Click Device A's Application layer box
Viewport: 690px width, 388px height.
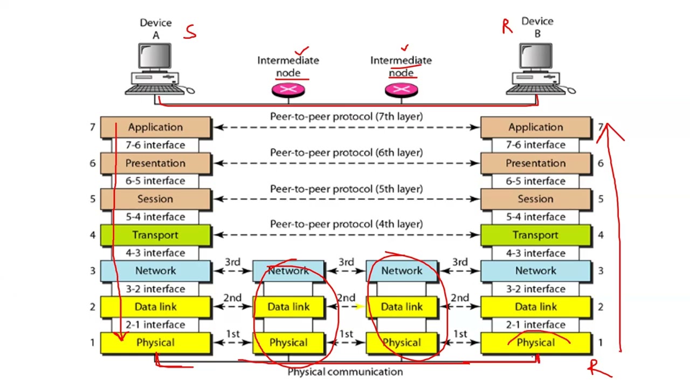click(x=156, y=127)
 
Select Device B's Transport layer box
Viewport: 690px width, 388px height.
click(x=536, y=235)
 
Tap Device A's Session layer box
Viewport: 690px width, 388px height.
click(x=156, y=199)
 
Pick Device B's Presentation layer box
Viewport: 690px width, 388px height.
click(x=536, y=163)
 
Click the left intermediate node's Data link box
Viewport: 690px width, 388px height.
click(x=288, y=307)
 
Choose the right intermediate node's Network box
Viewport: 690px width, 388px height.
click(x=402, y=271)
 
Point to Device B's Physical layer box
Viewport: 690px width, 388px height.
click(x=536, y=342)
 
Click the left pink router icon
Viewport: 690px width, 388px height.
click(x=288, y=90)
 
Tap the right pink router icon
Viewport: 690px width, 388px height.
click(x=402, y=90)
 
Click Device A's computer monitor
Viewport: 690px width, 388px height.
click(x=155, y=56)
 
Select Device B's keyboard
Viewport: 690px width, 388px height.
click(x=536, y=89)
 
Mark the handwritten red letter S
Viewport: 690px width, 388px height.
click(x=190, y=32)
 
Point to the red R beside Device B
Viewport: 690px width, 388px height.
click(x=507, y=26)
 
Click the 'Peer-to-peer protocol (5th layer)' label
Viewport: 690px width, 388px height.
click(x=346, y=189)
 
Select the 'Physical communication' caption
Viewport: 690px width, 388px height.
click(x=346, y=372)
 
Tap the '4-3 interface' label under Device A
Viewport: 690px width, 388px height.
click(x=156, y=253)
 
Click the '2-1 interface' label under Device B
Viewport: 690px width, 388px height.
click(x=536, y=324)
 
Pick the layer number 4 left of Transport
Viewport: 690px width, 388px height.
click(x=93, y=235)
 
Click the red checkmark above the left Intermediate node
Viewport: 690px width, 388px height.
click(x=301, y=51)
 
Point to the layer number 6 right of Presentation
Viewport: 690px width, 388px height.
click(x=601, y=163)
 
